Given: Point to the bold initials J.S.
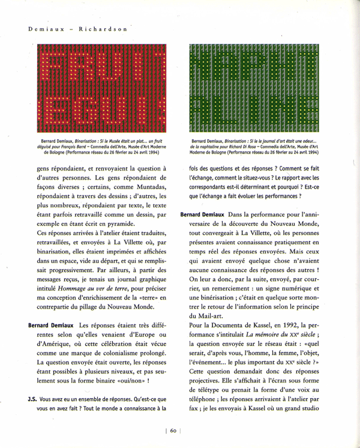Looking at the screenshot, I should (34, 398).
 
